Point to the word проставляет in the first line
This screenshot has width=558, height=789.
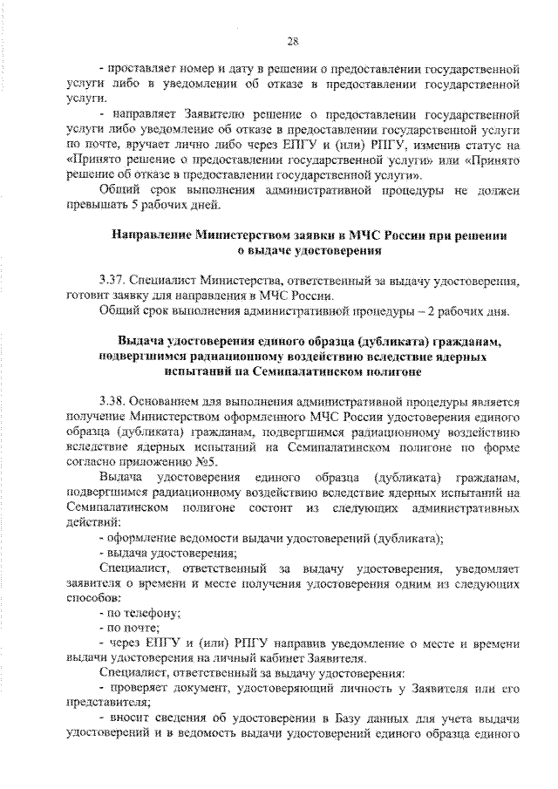[143, 67]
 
